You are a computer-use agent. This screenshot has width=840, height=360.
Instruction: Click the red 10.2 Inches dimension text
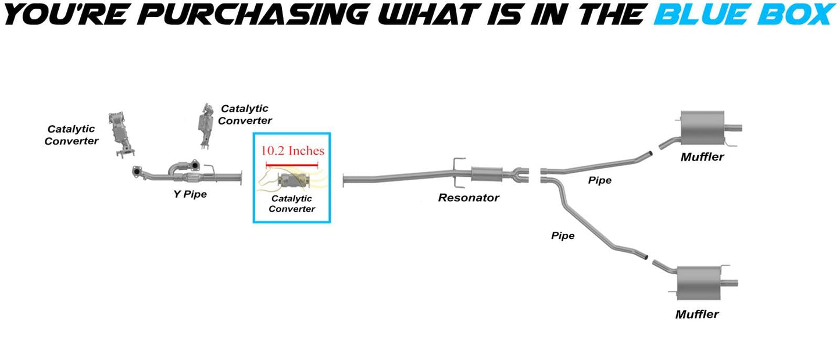pos(292,151)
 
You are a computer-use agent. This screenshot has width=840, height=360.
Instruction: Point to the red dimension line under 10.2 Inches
pos(292,165)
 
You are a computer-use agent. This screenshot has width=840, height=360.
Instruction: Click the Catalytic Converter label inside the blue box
pos(292,204)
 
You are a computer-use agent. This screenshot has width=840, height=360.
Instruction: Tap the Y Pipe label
pos(190,194)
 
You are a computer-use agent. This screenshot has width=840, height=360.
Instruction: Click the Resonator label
pos(468,198)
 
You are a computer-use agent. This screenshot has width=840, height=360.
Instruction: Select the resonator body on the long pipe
pos(487,173)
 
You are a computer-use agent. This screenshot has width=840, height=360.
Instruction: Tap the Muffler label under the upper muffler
pos(702,157)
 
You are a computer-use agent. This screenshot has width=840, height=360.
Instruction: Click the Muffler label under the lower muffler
pos(696,315)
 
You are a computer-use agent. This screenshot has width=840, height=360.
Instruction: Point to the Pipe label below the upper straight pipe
pos(599,180)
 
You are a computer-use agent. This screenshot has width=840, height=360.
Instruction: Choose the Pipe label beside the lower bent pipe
pos(563,236)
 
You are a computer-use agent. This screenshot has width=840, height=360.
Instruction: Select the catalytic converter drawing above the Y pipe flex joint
pos(205,126)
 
